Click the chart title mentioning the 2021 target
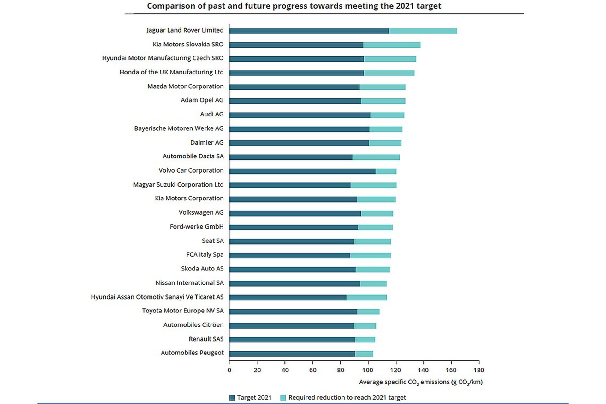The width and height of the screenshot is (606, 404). coord(294,6)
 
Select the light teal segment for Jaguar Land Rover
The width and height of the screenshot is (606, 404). coord(423,31)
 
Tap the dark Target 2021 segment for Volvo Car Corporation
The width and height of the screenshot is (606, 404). coord(302,171)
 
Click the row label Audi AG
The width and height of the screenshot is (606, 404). coord(211,114)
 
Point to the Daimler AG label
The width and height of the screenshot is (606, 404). coord(207,143)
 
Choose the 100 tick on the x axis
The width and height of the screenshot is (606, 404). coord(368,370)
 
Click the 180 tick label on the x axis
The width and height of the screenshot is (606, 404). coord(479,370)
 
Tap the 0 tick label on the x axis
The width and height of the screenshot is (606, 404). coord(229,370)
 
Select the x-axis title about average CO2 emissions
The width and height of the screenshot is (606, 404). coord(421,382)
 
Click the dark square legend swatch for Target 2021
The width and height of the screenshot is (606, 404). coord(232,398)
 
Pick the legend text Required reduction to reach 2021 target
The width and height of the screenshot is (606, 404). coord(347,398)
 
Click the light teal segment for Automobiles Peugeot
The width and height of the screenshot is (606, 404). coord(364,354)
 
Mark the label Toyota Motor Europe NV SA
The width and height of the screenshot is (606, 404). coord(183,311)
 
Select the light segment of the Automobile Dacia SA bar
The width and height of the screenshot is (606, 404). coord(376,157)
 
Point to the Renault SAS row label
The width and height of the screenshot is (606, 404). coord(206,339)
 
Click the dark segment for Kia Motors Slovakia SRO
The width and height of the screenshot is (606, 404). coord(296,45)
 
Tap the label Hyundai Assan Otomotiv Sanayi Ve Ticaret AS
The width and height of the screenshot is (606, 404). coord(157,297)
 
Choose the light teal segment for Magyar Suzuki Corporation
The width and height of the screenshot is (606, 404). coord(373,185)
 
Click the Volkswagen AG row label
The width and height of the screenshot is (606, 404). coord(201,213)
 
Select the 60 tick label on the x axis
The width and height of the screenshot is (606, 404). coord(312,370)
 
